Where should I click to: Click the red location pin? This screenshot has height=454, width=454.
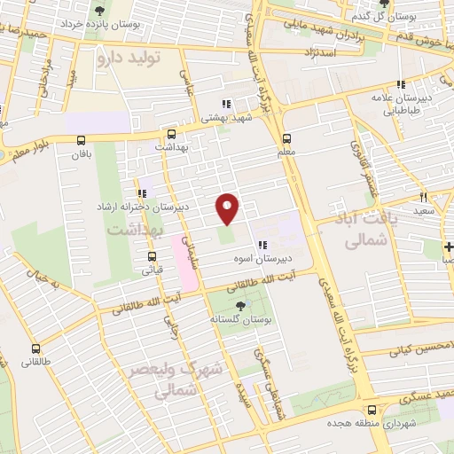coord(228,208)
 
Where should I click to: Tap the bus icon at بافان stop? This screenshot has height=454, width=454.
coord(82,139)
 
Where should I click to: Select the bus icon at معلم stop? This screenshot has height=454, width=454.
coord(286,139)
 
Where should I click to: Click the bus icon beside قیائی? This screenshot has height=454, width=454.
coord(151,258)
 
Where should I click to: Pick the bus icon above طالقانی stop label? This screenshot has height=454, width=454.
coord(35,348)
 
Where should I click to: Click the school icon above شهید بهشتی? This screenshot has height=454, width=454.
coord(226,102)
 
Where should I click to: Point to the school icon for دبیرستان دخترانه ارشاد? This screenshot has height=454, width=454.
coord(142,192)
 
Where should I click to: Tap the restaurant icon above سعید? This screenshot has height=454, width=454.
coord(423,197)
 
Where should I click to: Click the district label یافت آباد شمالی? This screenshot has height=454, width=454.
coord(358,228)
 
